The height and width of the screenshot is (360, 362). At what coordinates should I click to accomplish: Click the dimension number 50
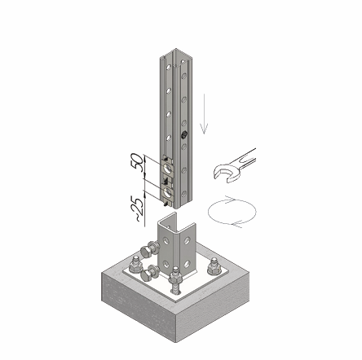pyautogui.click(x=137, y=162)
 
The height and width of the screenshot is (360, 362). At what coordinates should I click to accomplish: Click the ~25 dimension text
pyautogui.click(x=137, y=209)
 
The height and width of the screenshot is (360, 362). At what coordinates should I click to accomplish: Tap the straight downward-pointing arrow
pyautogui.click(x=204, y=114)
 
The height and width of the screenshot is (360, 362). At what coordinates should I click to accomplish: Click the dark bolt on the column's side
pyautogui.click(x=183, y=134)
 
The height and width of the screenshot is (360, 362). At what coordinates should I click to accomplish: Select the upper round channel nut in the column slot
pyautogui.click(x=167, y=169)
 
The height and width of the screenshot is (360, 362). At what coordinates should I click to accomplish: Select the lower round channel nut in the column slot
pyautogui.click(x=167, y=192)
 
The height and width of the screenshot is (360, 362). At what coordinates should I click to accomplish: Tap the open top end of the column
pyautogui.click(x=176, y=58)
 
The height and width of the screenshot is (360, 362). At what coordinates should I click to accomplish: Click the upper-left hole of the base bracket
pyautogui.click(x=166, y=240)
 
